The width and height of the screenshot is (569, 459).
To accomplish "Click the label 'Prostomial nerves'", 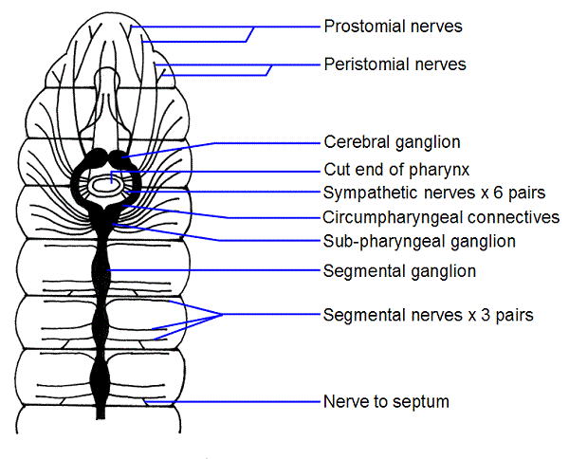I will [x=393, y=27].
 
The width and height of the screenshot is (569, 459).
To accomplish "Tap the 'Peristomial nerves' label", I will [x=395, y=64].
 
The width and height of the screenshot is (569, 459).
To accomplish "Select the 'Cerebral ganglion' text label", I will [x=392, y=142].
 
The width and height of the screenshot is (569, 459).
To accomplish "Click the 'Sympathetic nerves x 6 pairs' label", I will [x=431, y=193].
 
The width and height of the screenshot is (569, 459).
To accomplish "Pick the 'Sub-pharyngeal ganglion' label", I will [x=419, y=241].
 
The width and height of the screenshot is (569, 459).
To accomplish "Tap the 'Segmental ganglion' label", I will [x=399, y=271].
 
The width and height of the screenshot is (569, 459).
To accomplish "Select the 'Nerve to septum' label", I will [x=386, y=402].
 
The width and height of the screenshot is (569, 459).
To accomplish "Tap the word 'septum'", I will [x=423, y=402].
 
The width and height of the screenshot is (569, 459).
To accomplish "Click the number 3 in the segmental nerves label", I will [x=479, y=314].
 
